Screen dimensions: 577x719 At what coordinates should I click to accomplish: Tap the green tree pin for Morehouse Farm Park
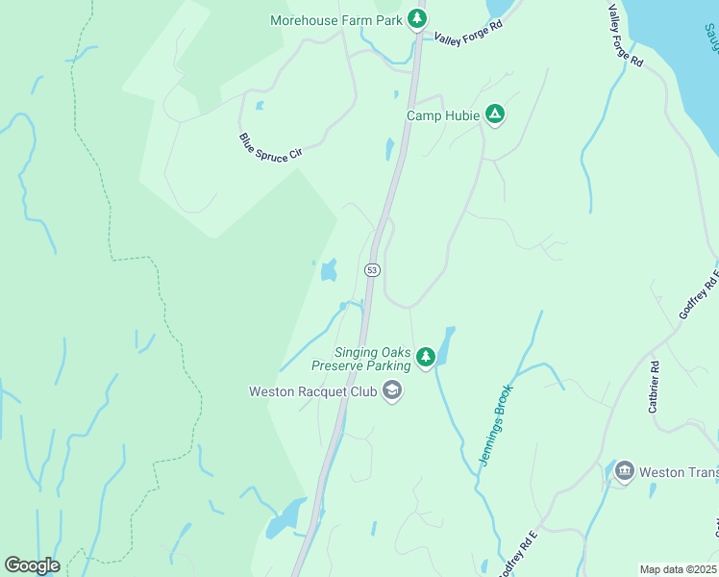(416, 18)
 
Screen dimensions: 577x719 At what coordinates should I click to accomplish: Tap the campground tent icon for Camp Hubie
(494, 114)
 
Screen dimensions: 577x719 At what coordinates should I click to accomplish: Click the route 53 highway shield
(372, 270)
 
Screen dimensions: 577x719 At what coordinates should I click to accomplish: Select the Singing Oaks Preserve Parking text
(360, 359)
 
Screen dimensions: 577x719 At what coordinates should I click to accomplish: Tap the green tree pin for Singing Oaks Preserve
(425, 358)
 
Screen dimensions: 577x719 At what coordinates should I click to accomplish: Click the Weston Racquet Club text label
(311, 391)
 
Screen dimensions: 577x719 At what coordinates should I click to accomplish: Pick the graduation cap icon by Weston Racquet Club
(391, 390)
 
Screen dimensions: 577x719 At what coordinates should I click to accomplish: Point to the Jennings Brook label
(498, 426)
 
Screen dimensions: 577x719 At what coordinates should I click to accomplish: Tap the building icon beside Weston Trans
(624, 472)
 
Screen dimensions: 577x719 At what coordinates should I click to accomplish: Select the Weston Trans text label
(679, 472)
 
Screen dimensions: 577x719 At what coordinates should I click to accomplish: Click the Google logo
(32, 564)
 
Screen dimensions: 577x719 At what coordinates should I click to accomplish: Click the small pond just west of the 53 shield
(329, 270)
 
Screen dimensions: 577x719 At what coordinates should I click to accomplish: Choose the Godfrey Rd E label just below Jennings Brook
(517, 553)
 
